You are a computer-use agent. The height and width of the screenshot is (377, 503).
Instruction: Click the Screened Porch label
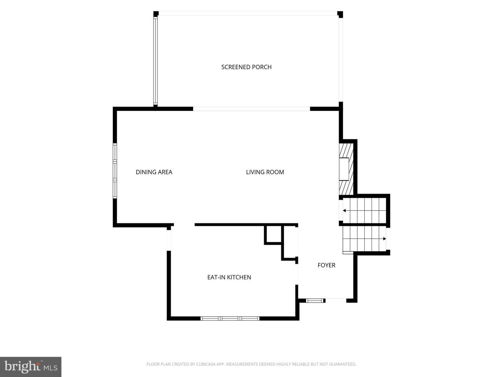coord(246,67)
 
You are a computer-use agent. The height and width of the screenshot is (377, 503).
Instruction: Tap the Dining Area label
coord(154,172)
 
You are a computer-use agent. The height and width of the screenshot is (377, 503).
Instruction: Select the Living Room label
coord(265,172)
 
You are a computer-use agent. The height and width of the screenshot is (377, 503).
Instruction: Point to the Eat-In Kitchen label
coord(229,277)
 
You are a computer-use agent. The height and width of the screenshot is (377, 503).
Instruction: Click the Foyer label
coord(326,265)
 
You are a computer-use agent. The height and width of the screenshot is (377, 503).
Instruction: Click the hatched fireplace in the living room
coord(346,169)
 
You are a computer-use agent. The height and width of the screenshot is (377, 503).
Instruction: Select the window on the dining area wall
coord(115,171)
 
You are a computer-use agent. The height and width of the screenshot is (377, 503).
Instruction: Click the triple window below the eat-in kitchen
coord(230,318)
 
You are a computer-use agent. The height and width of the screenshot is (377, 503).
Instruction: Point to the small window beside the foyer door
coord(315,301)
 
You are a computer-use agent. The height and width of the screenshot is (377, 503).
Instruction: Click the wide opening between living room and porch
coord(251,109)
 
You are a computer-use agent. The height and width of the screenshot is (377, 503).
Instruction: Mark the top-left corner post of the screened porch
coord(156,14)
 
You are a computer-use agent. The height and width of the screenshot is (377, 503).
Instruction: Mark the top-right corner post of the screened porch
coord(340,14)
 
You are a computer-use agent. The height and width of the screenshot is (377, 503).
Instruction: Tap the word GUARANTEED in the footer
coord(342,364)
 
